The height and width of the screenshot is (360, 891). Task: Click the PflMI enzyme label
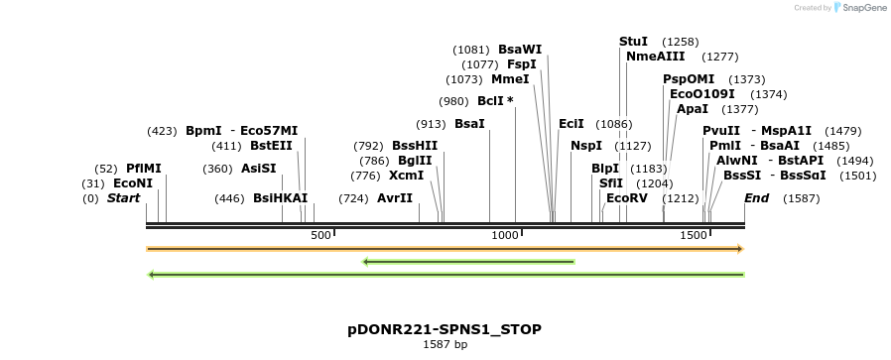pos(143,169)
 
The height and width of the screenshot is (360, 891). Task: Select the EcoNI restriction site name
pos(133,183)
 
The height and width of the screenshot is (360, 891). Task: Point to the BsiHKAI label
pos(281,198)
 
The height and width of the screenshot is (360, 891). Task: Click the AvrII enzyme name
pos(395,198)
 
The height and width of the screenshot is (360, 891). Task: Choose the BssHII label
pos(415,146)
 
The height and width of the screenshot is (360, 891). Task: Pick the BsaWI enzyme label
pos(520,50)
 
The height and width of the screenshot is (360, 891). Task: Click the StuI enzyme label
pos(633,42)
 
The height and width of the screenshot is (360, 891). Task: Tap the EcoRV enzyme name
pos(626,198)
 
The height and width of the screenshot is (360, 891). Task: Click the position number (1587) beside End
pos(802,198)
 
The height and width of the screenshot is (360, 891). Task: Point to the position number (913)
pos(431,124)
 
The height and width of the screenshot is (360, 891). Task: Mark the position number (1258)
pos(681,42)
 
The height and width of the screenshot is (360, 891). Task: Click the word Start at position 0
pos(123,198)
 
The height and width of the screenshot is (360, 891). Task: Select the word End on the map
pos(757,198)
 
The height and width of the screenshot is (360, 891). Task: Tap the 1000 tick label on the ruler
pos(506,235)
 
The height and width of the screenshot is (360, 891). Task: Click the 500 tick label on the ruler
pos(320,235)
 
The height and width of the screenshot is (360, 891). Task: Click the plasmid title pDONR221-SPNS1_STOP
pos(445,328)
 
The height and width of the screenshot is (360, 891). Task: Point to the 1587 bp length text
pos(445,345)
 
